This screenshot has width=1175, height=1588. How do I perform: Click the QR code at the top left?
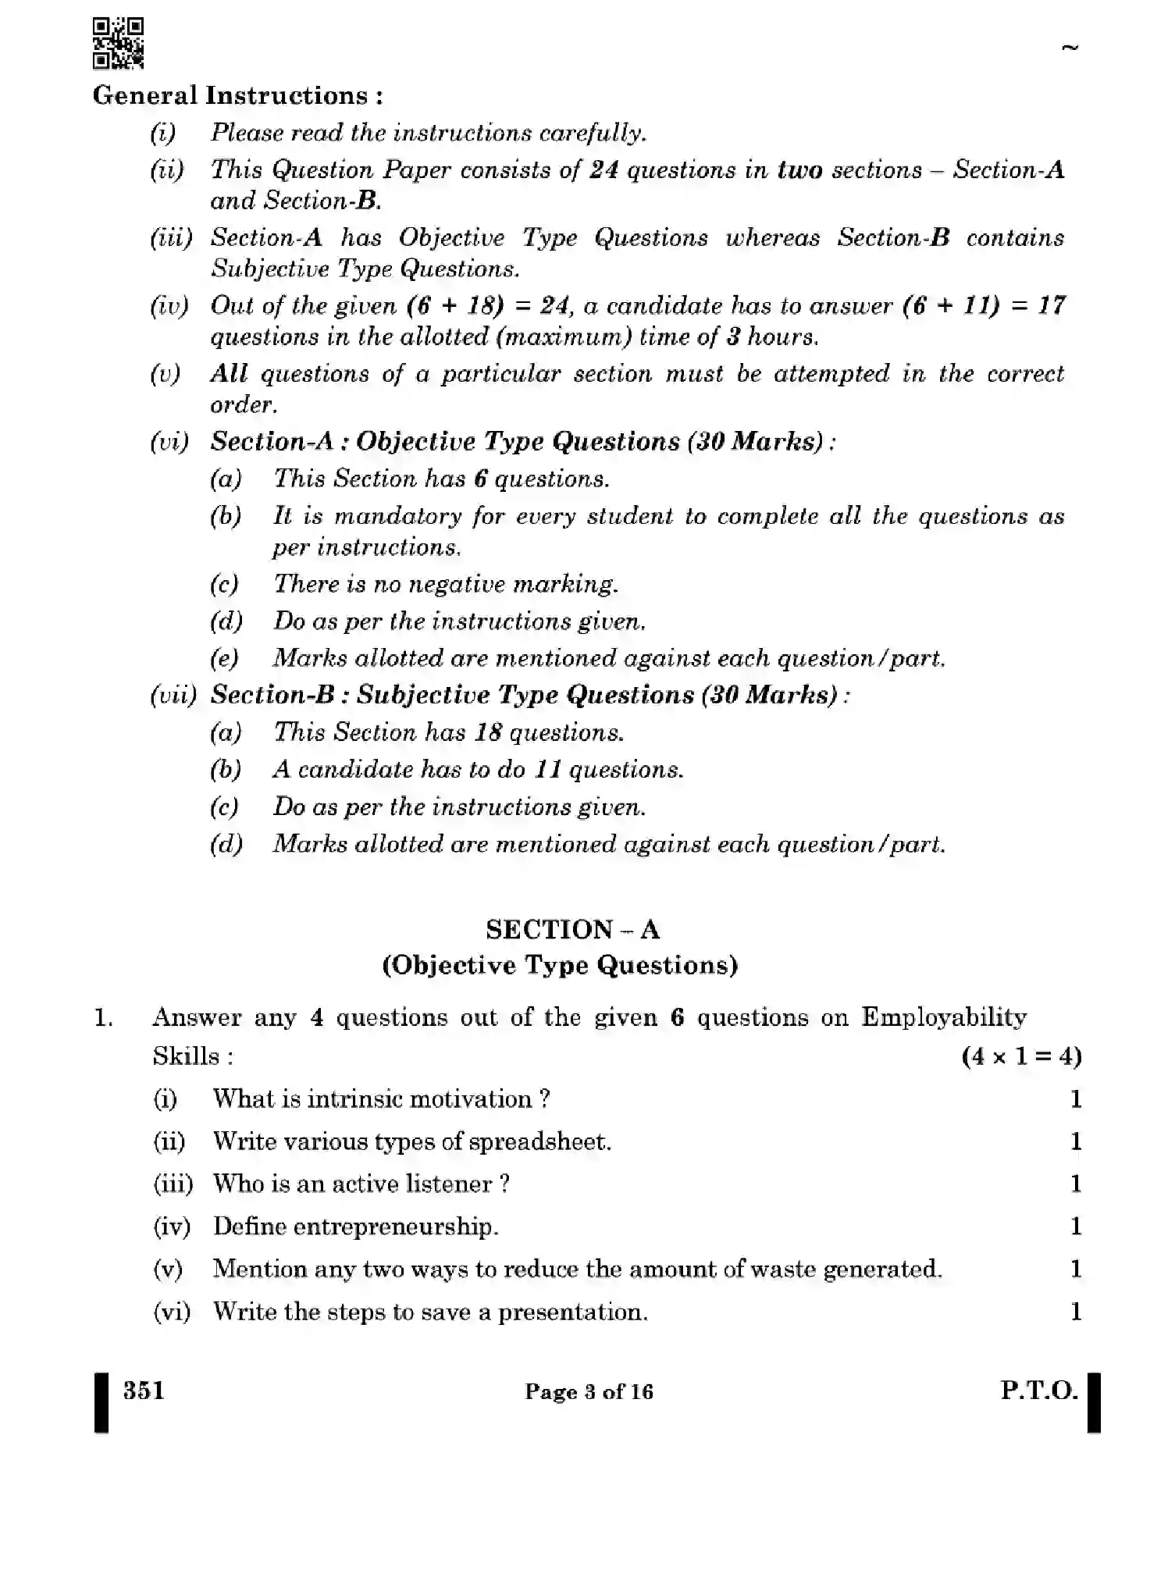click(x=118, y=44)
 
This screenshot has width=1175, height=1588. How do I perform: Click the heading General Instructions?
click(x=237, y=96)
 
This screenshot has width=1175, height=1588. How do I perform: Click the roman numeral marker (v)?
click(x=166, y=374)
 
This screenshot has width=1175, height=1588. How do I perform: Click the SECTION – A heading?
click(x=572, y=929)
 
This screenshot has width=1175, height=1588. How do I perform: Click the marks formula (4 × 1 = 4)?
click(x=1021, y=1056)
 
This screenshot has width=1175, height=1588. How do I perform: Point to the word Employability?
click(x=943, y=1017)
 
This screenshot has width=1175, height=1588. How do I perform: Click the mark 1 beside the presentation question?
click(x=1076, y=1312)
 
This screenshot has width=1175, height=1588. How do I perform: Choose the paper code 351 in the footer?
click(x=144, y=1390)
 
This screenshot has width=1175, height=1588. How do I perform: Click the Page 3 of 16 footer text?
click(x=589, y=1392)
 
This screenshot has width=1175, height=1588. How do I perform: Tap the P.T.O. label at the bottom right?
click(x=1038, y=1390)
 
